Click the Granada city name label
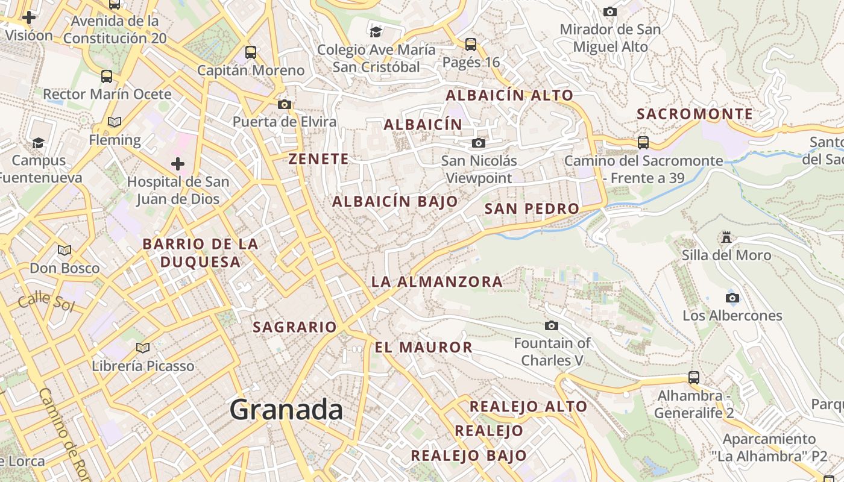(286, 410)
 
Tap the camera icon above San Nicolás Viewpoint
(479, 143)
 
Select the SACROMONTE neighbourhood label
(694, 114)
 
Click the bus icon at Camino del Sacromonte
(643, 143)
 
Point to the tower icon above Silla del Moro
(726, 237)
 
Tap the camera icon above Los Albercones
(732, 298)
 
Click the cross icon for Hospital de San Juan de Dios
(178, 164)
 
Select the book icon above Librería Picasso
(143, 348)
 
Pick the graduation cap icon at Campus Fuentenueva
(39, 143)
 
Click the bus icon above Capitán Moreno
(251, 52)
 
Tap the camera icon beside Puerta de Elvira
(285, 104)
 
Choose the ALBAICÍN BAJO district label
(395, 202)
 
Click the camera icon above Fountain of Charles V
(551, 326)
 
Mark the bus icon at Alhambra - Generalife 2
(694, 378)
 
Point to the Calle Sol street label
(46, 302)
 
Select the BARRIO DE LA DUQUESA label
(200, 253)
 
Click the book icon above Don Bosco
(65, 250)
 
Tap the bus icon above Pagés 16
(471, 45)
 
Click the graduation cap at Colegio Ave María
(376, 31)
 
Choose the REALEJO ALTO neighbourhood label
(528, 407)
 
